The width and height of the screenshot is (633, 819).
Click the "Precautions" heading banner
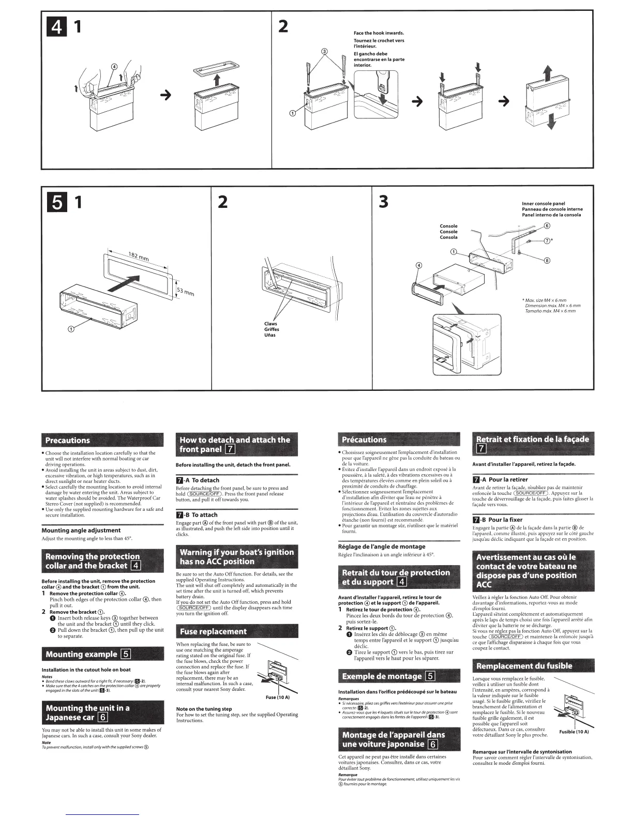(x=68, y=441)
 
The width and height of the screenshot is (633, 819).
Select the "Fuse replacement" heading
(x=213, y=631)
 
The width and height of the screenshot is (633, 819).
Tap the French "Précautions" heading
(x=364, y=439)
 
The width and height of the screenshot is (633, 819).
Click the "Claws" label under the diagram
(x=270, y=324)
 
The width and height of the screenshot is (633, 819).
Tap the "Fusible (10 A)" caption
(x=574, y=732)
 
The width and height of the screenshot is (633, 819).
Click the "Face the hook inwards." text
(x=379, y=33)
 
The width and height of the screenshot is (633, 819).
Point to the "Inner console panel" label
(x=544, y=204)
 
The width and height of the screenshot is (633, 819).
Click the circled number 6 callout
(x=547, y=226)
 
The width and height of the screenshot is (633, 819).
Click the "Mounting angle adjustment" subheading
(x=81, y=530)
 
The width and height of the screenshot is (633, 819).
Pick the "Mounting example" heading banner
(x=82, y=654)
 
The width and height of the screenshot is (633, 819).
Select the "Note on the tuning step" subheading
(x=204, y=709)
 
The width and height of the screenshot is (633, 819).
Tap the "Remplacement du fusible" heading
(x=524, y=666)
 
